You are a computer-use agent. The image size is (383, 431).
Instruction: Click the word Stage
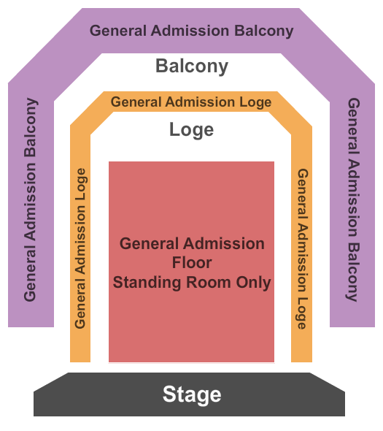pyautogui.click(x=192, y=394)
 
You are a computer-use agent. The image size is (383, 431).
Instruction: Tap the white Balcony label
pyautogui.click(x=192, y=66)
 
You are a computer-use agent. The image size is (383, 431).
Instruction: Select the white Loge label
pyautogui.click(x=191, y=130)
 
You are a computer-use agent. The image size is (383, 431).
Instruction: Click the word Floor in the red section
pyautogui.click(x=192, y=262)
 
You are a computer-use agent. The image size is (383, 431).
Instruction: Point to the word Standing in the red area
pyautogui.click(x=147, y=283)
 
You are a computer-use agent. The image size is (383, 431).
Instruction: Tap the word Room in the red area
pyautogui.click(x=209, y=282)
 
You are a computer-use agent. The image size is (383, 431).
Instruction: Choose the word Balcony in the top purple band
pyautogui.click(x=263, y=31)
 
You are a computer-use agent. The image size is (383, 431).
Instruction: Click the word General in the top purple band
pyautogui.click(x=118, y=30)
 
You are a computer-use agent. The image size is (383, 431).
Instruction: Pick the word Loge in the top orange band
pyautogui.click(x=255, y=102)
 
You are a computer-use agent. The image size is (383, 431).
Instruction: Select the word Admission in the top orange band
pyautogui.click(x=200, y=102)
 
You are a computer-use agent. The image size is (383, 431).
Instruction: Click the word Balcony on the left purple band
pyautogui.click(x=31, y=128)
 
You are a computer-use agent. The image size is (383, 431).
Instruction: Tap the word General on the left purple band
pyautogui.click(x=30, y=273)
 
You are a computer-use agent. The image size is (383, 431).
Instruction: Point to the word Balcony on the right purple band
pyautogui.click(x=352, y=272)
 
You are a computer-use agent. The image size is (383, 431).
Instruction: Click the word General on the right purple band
pyautogui.click(x=354, y=126)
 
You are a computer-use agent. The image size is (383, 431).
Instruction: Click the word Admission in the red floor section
pyautogui.click(x=224, y=243)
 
